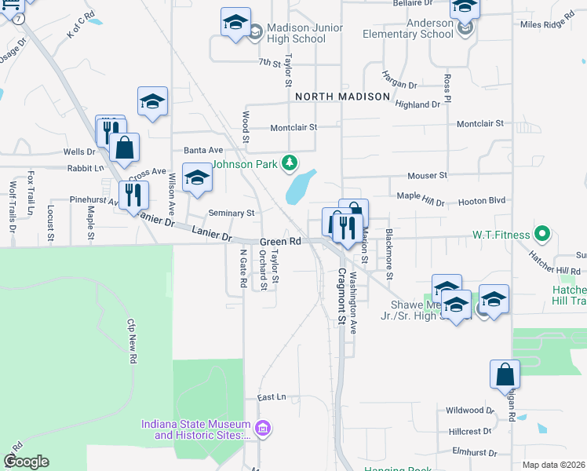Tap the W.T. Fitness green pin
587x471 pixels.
(x=541, y=234)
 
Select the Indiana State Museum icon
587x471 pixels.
(x=264, y=429)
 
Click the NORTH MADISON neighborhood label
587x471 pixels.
(x=342, y=97)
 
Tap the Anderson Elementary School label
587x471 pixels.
(x=408, y=29)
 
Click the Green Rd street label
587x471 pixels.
(x=281, y=242)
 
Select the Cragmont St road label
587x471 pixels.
(x=342, y=297)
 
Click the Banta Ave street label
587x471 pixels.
(x=203, y=150)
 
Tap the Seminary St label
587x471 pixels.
(x=232, y=213)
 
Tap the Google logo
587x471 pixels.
(x=26, y=462)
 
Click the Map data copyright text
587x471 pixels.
(x=554, y=465)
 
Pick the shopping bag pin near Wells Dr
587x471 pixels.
(x=124, y=148)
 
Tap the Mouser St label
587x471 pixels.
(x=427, y=176)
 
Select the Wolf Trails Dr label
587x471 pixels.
(x=13, y=208)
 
